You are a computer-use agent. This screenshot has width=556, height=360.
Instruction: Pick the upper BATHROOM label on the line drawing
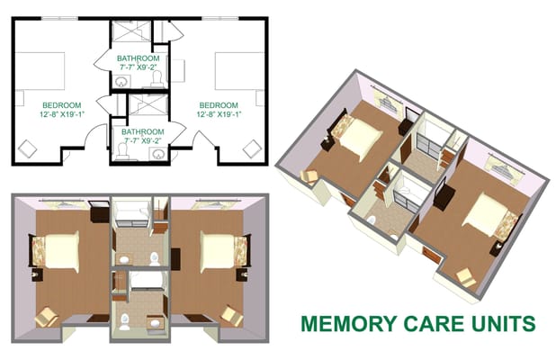click(139, 58)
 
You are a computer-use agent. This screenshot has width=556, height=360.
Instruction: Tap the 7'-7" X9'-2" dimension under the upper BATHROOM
click(139, 67)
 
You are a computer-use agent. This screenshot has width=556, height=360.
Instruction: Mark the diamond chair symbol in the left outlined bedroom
click(29, 147)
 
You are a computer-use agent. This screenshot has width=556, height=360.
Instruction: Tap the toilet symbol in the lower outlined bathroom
click(128, 153)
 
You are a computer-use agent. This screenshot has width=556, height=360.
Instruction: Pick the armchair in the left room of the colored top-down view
click(47, 316)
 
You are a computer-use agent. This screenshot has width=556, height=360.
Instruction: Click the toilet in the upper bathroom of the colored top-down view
click(154, 259)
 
